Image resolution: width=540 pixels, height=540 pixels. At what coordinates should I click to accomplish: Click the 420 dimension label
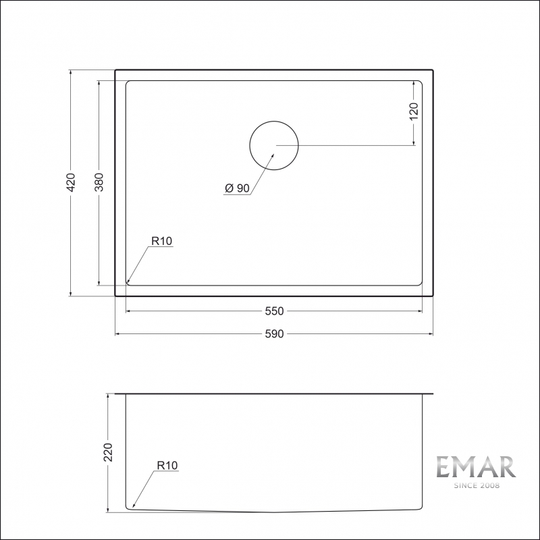coord(71,182)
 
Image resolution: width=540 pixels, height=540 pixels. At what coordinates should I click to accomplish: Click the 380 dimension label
coord(99,182)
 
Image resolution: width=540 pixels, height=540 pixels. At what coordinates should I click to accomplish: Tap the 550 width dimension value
coord(273,311)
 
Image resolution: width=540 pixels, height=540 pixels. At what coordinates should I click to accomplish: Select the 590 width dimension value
coord(273,333)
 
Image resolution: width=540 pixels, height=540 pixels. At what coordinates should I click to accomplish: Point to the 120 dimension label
coord(414,111)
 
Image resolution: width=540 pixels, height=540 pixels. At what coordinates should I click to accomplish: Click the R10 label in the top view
coord(162,240)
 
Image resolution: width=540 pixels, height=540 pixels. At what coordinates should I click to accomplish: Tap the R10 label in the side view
coord(167,465)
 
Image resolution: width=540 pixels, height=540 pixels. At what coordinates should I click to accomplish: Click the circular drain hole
coord(273,146)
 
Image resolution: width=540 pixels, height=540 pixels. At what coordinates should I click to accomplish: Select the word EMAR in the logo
coord(475,468)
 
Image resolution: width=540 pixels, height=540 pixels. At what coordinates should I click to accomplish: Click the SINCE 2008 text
coord(475,485)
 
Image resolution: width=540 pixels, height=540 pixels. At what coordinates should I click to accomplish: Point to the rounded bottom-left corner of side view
coord(128,507)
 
